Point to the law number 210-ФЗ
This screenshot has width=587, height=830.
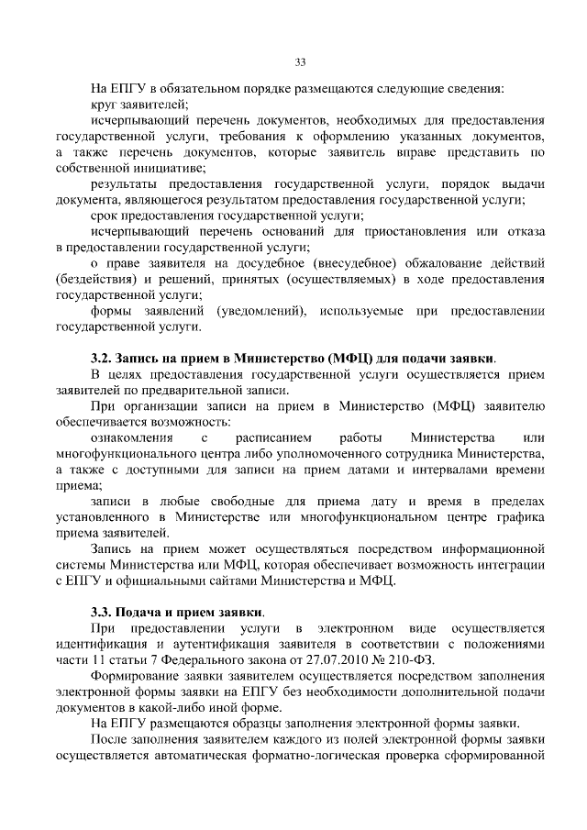[410, 660]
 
